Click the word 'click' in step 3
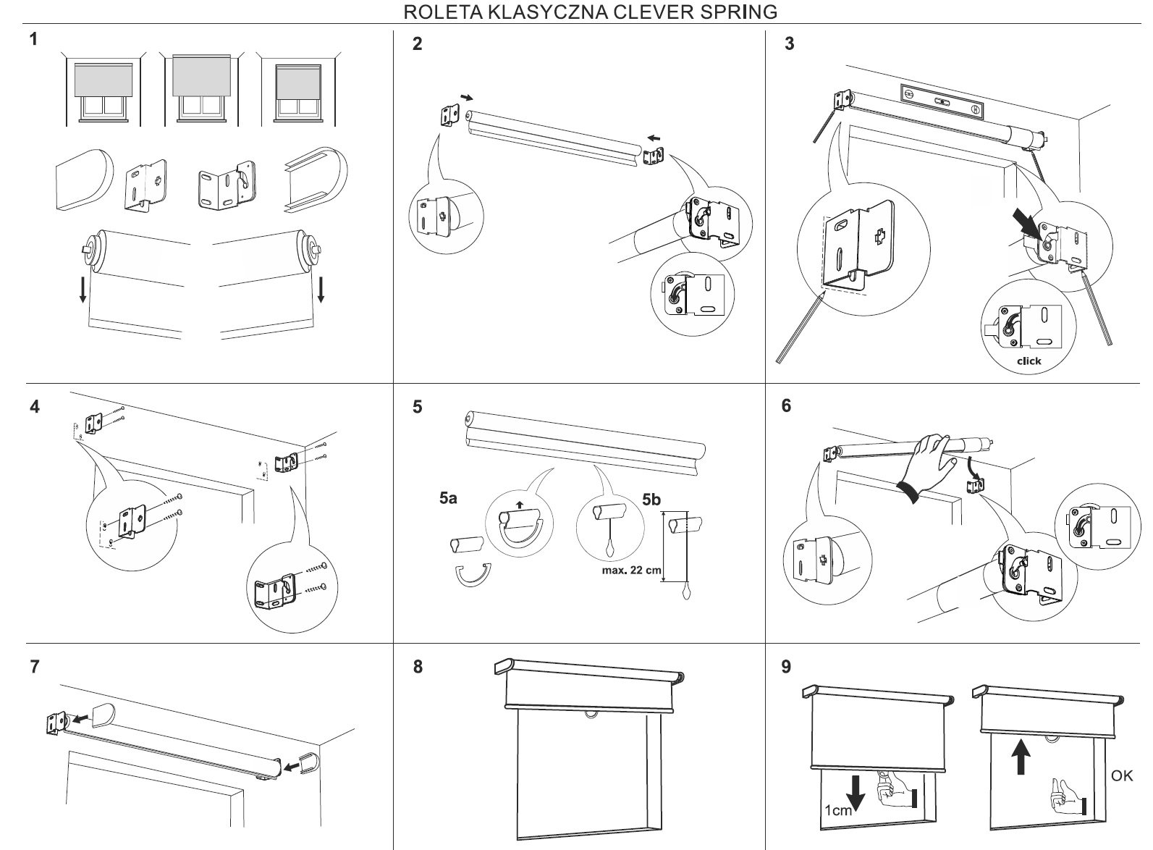click(x=1029, y=361)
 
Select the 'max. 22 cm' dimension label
click(x=631, y=569)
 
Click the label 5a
click(x=448, y=499)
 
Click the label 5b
click(x=651, y=500)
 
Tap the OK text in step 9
click(x=1122, y=775)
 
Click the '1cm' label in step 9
click(x=837, y=811)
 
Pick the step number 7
click(x=35, y=666)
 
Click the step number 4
click(x=35, y=406)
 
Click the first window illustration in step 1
click(x=104, y=91)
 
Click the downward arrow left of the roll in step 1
click(x=83, y=287)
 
